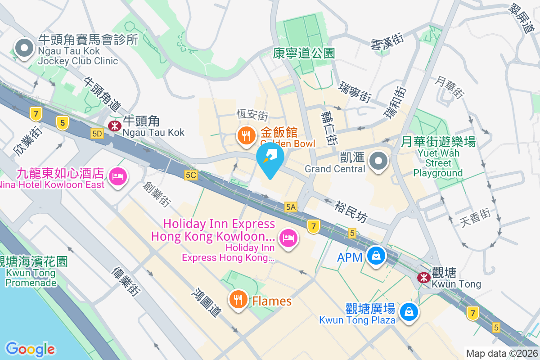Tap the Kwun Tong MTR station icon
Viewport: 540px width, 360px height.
coord(423,278)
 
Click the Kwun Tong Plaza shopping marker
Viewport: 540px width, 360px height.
coord(409,311)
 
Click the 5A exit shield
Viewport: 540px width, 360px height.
coord(291,207)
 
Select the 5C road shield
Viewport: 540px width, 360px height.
coord(191,175)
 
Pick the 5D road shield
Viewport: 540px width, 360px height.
coord(97,133)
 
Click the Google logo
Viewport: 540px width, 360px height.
coord(30,349)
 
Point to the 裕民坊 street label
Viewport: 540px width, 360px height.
coord(351,212)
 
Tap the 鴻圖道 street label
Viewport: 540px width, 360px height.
coord(207,302)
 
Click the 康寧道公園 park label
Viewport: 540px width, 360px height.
coord(304,53)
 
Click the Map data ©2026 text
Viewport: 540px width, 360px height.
coord(501,353)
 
